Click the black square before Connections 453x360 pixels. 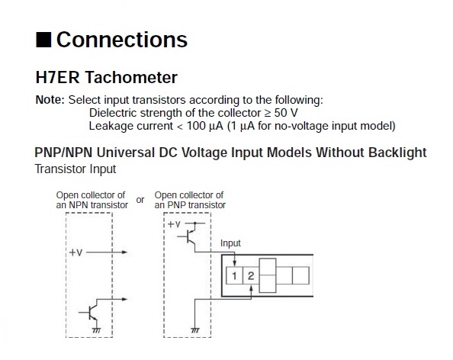click(43, 40)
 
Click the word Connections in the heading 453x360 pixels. click(122, 40)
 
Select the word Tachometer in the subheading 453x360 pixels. click(131, 78)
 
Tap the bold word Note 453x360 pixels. click(50, 100)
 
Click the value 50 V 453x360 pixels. click(286, 113)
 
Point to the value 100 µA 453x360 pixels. click(205, 127)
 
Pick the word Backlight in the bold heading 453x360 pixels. click(397, 153)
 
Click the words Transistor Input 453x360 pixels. click(75, 169)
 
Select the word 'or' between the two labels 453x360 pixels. click(140, 200)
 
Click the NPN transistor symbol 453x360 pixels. click(90, 310)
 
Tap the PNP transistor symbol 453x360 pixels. click(188, 235)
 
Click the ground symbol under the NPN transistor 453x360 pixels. click(97, 330)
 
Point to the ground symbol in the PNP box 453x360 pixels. click(195, 330)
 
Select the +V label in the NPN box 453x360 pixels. click(75, 252)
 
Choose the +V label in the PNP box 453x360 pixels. click(174, 224)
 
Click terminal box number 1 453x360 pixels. click(234, 275)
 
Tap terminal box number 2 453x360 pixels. click(251, 275)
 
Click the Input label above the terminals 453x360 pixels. click(230, 243)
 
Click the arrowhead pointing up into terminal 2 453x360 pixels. click(251, 288)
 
